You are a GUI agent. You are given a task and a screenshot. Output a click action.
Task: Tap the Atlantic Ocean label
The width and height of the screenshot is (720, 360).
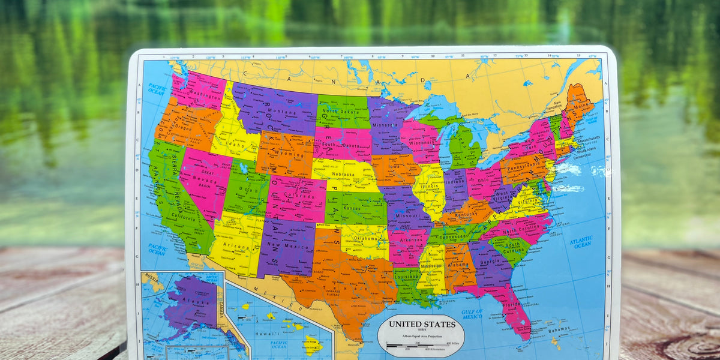click(581, 242)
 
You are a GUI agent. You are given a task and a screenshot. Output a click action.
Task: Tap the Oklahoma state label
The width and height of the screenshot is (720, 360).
click(366, 238)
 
